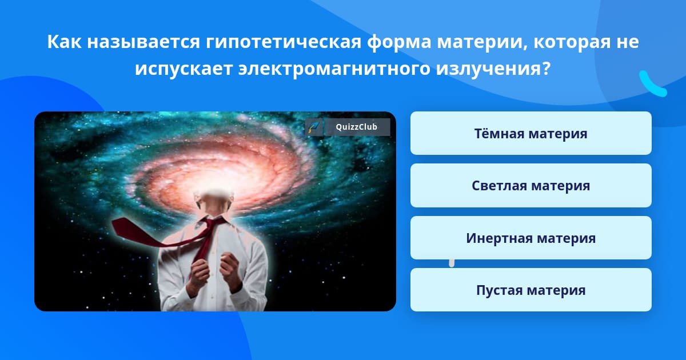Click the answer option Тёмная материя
click(x=531, y=133)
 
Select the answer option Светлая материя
click(x=531, y=186)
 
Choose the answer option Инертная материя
click(x=531, y=238)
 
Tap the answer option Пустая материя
click(x=531, y=290)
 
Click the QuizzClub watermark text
click(x=357, y=127)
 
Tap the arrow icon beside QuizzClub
click(x=314, y=127)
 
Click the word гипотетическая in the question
click(x=284, y=42)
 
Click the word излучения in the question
click(x=489, y=69)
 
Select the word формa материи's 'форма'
click(x=399, y=42)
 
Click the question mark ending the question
click(x=546, y=68)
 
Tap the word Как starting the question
click(x=64, y=42)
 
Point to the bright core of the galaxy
click(x=214, y=181)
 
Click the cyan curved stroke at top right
click(x=652, y=85)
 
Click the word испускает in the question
click(x=184, y=69)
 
